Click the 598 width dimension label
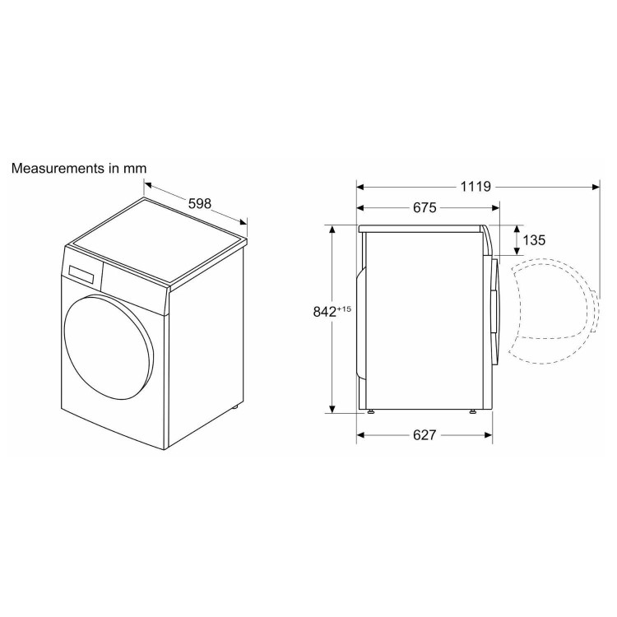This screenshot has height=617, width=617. tap(200, 203)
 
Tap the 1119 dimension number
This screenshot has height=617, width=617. tap(476, 187)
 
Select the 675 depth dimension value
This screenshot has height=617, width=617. tap(424, 207)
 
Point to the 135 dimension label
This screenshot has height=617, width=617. tap(534, 240)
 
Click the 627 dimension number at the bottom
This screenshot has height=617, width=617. tap(424, 435)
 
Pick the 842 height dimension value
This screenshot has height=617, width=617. tap(325, 312)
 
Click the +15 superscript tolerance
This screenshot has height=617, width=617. tap(344, 308)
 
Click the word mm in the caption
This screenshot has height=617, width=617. tap(135, 169)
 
